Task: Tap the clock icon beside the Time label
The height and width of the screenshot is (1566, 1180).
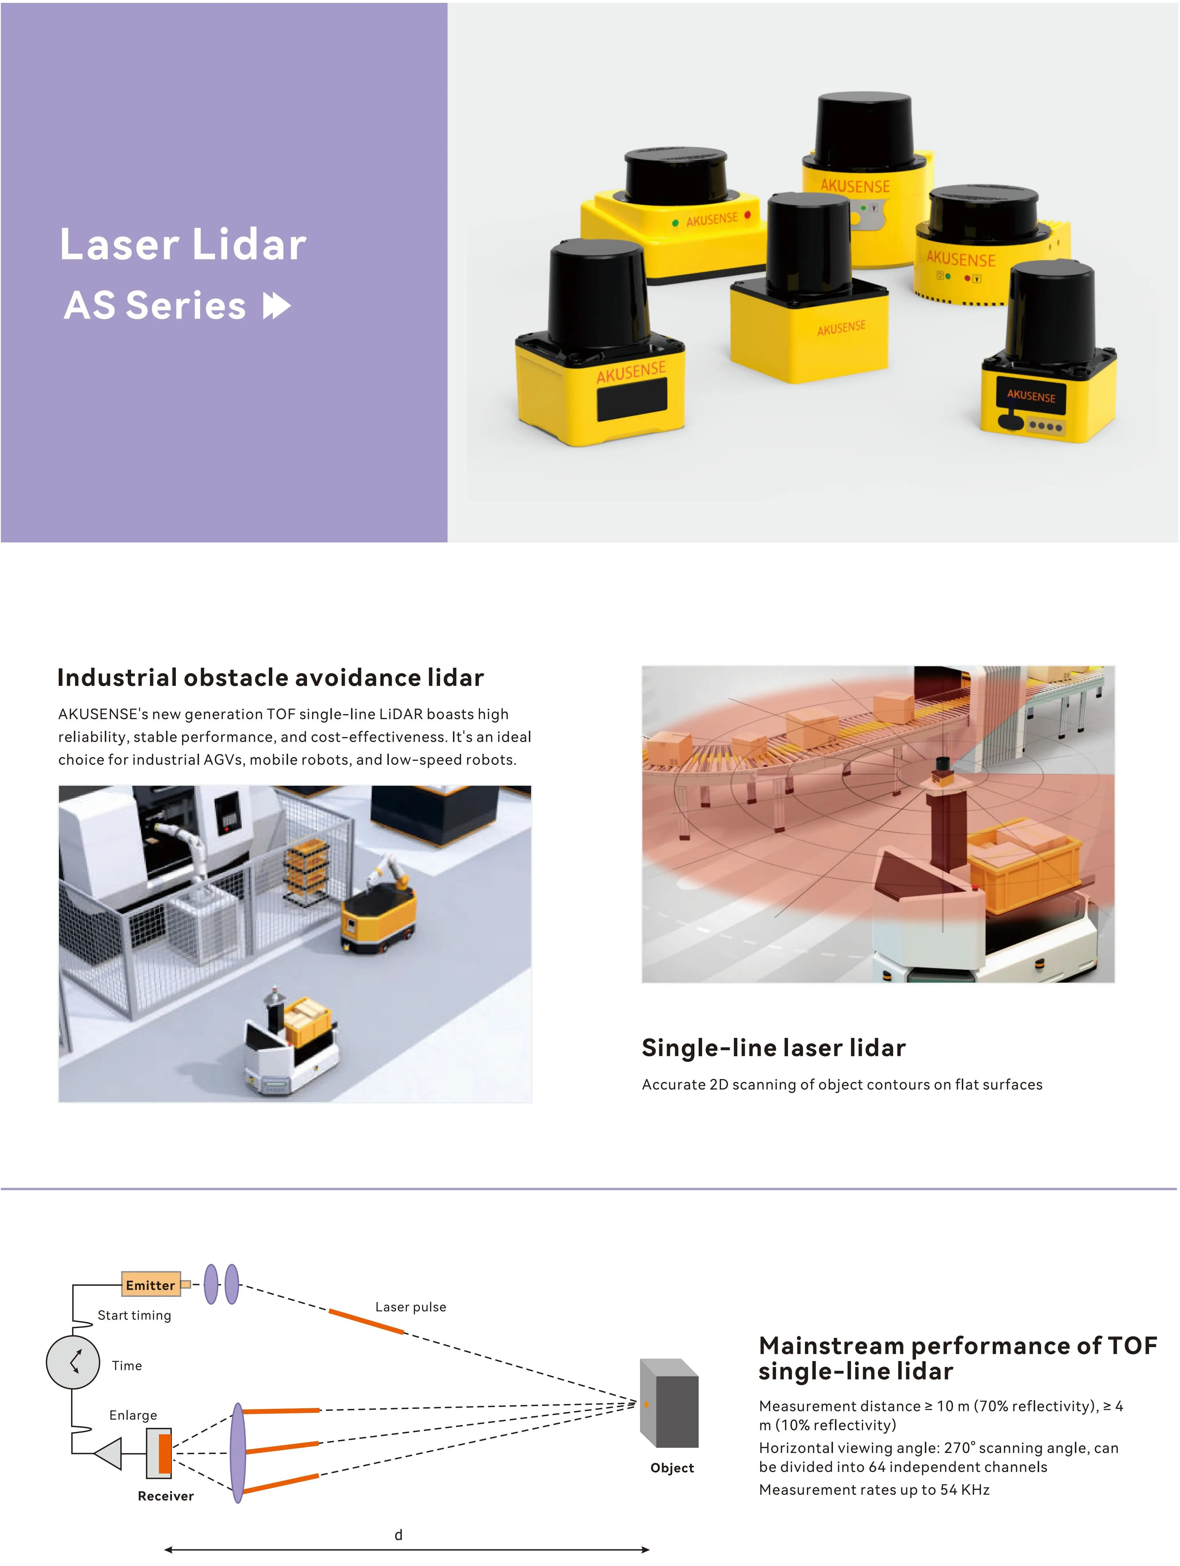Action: tap(73, 1362)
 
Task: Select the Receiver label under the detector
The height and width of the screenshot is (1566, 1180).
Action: tap(166, 1496)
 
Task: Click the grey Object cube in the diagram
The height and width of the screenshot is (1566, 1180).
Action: tap(669, 1403)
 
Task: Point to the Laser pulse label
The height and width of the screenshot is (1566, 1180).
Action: tap(411, 1307)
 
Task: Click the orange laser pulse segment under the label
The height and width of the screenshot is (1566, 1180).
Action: tap(366, 1322)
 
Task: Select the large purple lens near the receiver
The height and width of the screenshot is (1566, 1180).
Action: tap(238, 1454)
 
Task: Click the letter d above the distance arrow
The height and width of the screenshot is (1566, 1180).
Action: tap(399, 1535)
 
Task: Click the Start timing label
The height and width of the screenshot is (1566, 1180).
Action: tap(135, 1315)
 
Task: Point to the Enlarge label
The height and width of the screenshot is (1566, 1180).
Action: tap(133, 1415)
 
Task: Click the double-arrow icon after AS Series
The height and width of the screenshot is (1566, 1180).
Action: tap(277, 306)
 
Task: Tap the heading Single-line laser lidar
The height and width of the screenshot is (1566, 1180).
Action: tap(773, 1048)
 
